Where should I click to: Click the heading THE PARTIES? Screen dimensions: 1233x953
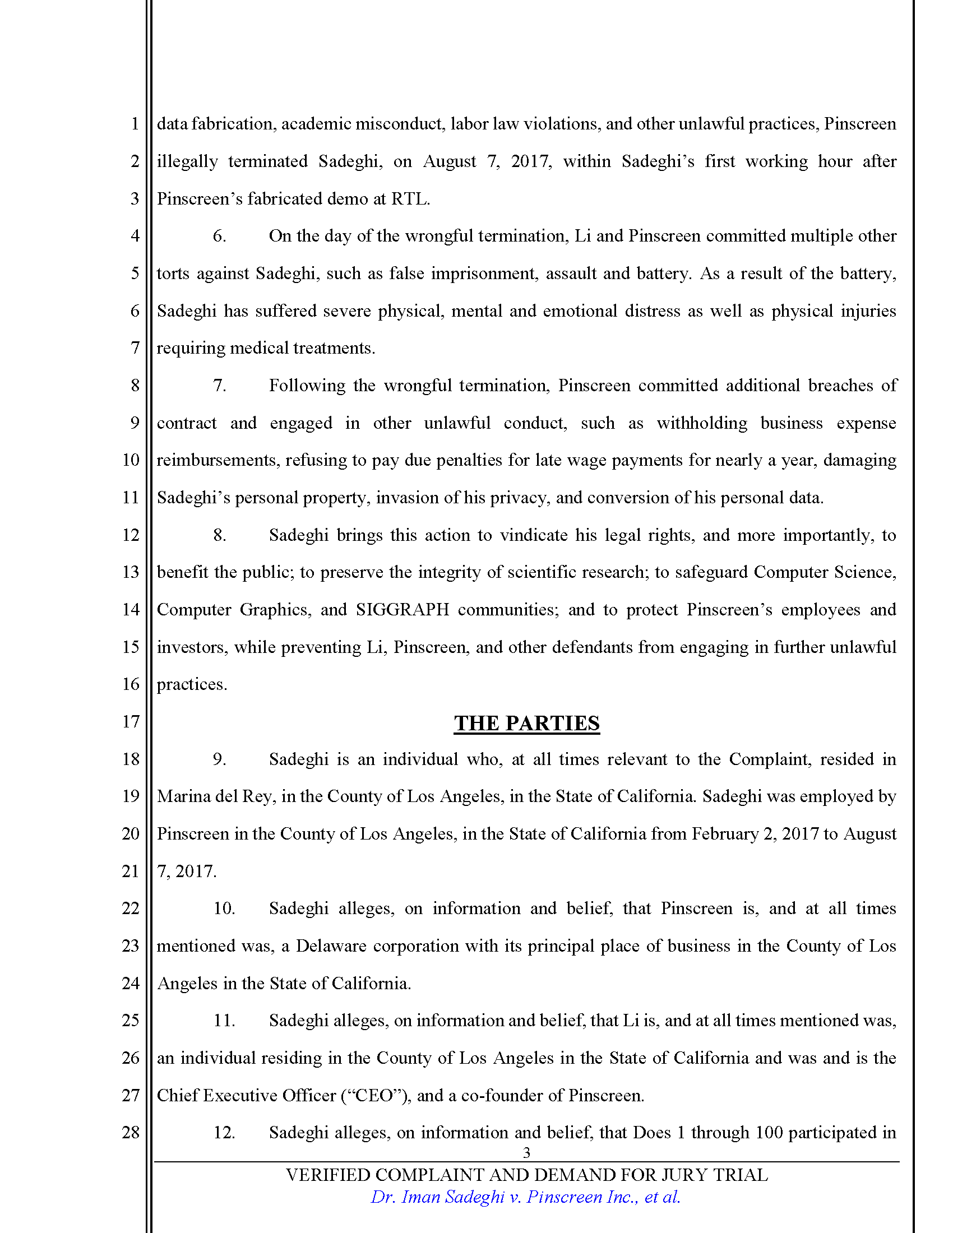tap(526, 723)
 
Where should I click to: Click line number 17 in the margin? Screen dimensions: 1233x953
tap(131, 721)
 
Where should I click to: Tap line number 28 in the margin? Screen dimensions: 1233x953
tap(131, 1132)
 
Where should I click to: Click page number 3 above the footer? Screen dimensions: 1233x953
tap(526, 1152)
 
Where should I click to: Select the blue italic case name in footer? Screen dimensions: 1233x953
tap(525, 1197)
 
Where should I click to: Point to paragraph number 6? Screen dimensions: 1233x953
tap(219, 236)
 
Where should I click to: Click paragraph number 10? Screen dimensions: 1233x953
tap(224, 908)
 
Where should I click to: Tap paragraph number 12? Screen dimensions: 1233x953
tap(224, 1133)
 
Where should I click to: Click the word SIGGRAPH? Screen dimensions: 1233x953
tap(402, 610)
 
